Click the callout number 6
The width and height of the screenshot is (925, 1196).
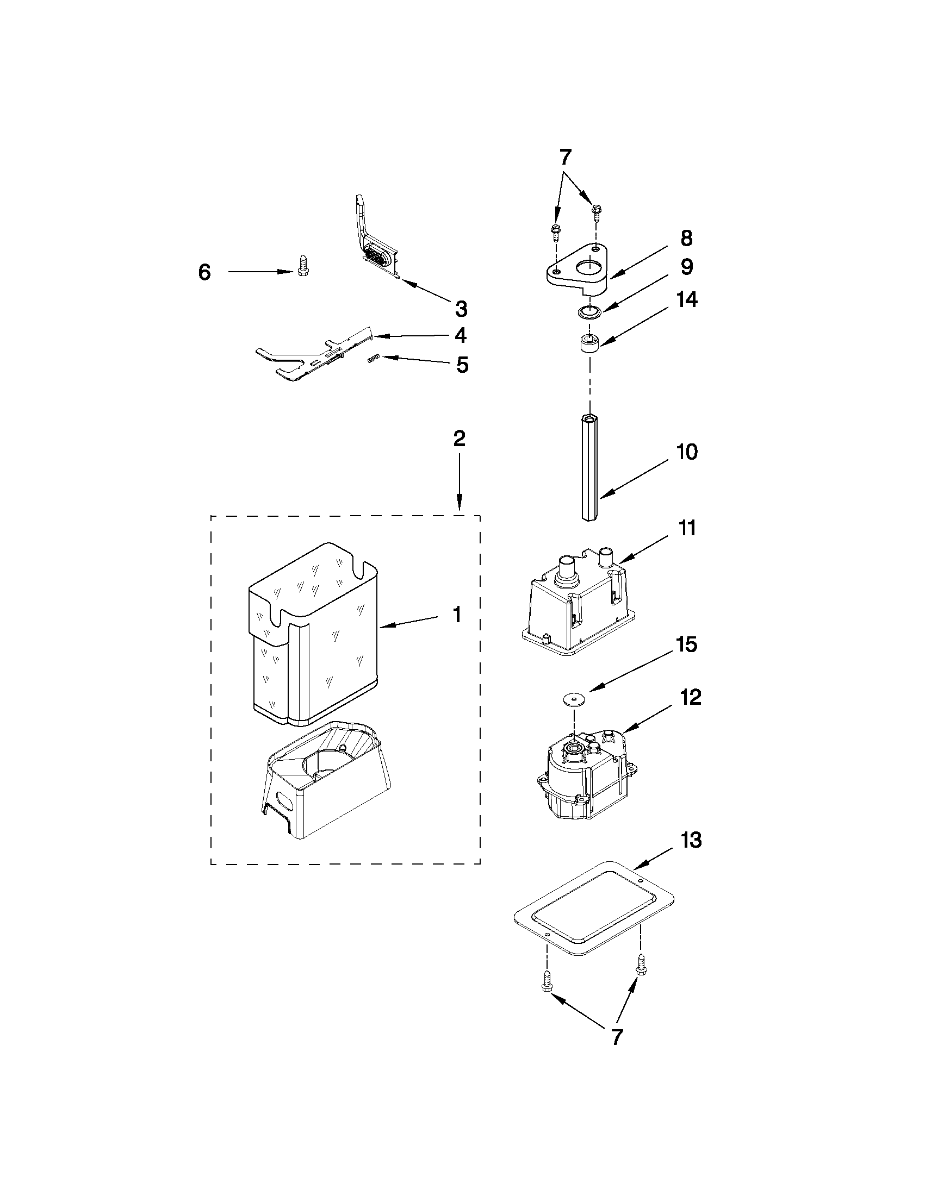click(204, 272)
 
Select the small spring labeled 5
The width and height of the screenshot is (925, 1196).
click(373, 358)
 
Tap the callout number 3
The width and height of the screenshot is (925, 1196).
click(461, 309)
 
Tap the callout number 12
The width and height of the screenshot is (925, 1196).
click(691, 698)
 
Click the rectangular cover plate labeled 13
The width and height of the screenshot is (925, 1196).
click(594, 908)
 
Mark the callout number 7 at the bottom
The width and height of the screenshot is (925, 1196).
click(617, 1037)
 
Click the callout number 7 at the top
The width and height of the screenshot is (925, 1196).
click(566, 158)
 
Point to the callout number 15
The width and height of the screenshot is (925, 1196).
click(687, 644)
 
